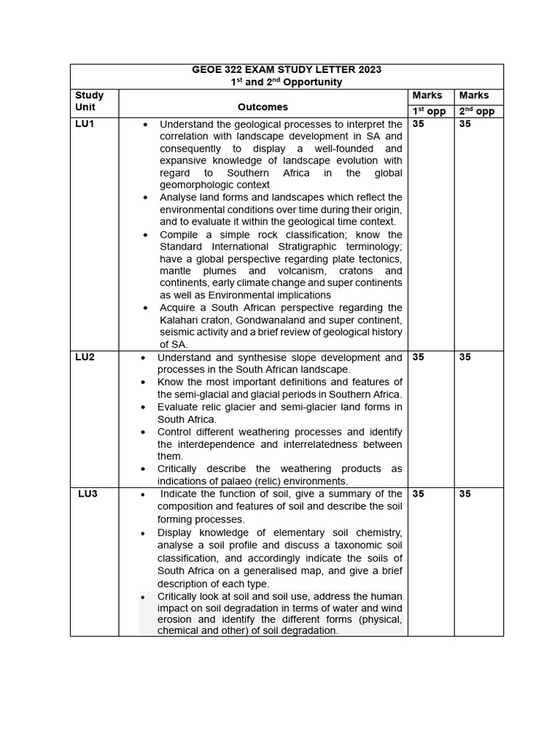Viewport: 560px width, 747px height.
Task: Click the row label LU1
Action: pyautogui.click(x=85, y=124)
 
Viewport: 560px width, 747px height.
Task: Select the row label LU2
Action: pyautogui.click(x=85, y=357)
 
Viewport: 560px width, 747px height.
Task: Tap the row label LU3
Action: pyautogui.click(x=87, y=494)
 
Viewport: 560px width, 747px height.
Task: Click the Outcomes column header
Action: pyautogui.click(x=262, y=107)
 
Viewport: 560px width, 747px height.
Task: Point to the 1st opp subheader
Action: pyautogui.click(x=429, y=112)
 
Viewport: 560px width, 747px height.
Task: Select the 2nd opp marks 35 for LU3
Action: pyautogui.click(x=465, y=494)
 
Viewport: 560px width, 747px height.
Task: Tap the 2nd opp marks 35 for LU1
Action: pyautogui.click(x=465, y=124)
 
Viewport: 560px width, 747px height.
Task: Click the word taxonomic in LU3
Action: pyautogui.click(x=349, y=546)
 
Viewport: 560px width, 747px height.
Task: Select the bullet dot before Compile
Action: pyautogui.click(x=146, y=235)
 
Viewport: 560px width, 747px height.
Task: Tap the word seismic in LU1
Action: pyautogui.click(x=179, y=333)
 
